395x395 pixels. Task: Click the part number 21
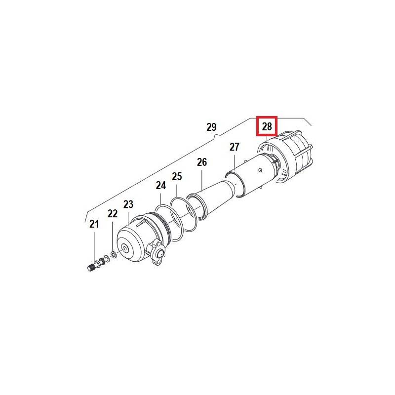(x=94, y=224)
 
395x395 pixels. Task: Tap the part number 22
(x=113, y=214)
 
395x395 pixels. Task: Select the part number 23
(x=128, y=204)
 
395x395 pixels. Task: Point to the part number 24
(x=161, y=186)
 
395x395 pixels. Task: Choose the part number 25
(x=177, y=176)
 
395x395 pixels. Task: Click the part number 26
(x=202, y=162)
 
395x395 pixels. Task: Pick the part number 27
(x=234, y=147)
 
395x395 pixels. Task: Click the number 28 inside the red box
(x=267, y=126)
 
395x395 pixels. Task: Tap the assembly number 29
(x=211, y=127)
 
